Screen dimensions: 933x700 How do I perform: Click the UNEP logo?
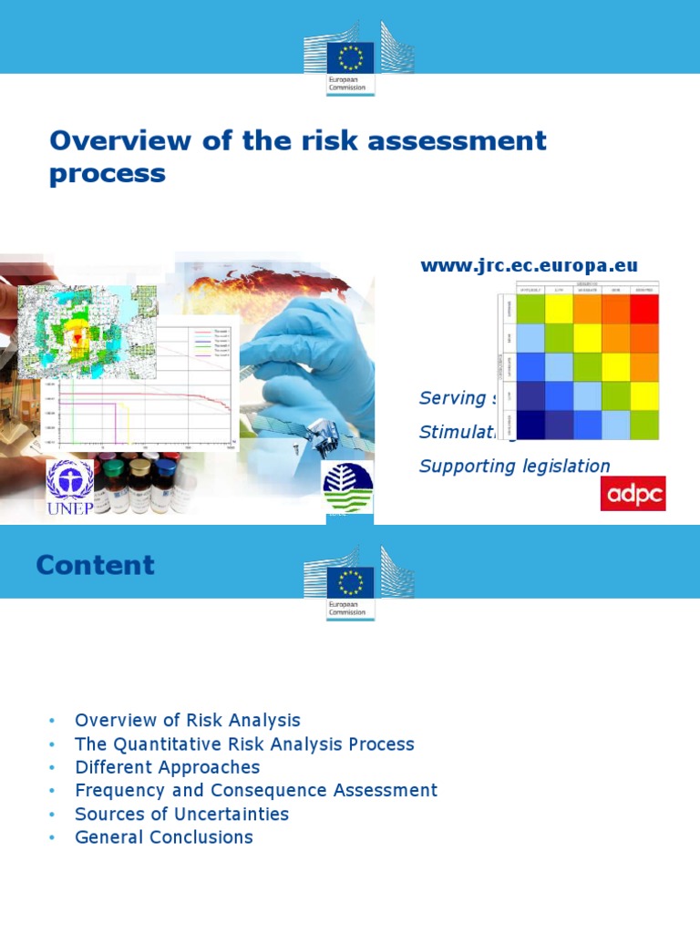(70, 487)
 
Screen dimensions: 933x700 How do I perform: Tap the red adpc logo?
(633, 493)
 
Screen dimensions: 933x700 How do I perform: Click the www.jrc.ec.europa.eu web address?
(529, 265)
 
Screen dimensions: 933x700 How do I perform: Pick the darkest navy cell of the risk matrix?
(531, 425)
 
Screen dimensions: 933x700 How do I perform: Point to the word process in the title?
(108, 173)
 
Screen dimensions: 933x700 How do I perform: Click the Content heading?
(95, 565)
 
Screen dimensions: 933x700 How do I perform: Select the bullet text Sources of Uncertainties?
(181, 814)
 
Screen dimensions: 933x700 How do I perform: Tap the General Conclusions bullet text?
(164, 836)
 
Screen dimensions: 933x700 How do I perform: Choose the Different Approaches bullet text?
(167, 767)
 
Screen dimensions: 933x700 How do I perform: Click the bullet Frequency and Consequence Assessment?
(256, 790)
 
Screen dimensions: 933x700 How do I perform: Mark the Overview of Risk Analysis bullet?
(187, 721)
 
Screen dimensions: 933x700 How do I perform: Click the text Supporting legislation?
(514, 466)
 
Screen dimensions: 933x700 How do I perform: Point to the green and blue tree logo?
(347, 487)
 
